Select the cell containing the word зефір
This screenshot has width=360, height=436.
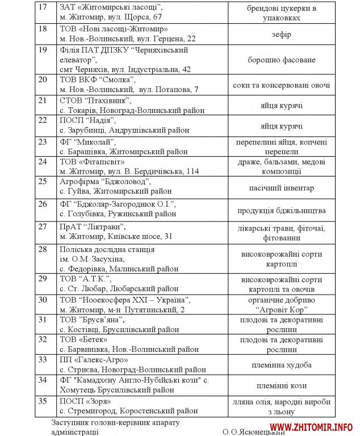(282, 35)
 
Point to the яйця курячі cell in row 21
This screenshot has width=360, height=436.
(282, 106)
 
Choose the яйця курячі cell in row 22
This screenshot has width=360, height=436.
(282, 126)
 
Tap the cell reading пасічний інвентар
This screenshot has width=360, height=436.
(282, 188)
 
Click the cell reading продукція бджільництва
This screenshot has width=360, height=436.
(282, 211)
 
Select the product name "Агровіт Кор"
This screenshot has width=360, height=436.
(282, 310)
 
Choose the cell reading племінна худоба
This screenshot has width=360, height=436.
(282, 365)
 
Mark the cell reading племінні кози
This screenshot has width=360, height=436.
(282, 385)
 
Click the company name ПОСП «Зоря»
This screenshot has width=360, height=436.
(85, 401)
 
